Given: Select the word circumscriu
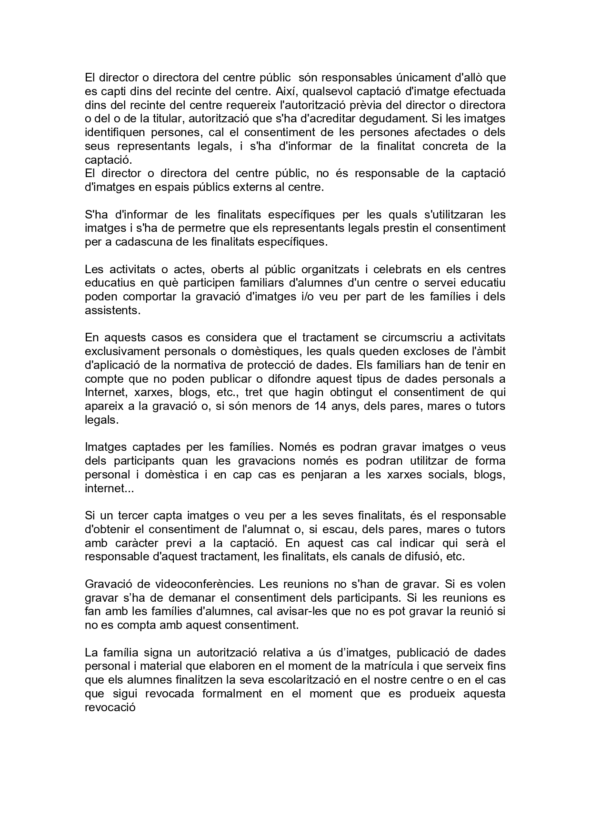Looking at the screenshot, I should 405,338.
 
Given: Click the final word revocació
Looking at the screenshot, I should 110,707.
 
